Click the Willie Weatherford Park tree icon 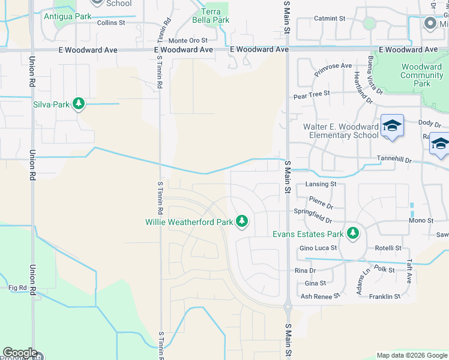(x=242, y=222)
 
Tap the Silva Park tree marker (x=78, y=104)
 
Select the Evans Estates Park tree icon (x=353, y=233)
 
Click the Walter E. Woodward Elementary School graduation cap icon (x=392, y=126)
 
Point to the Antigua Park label (x=67, y=16)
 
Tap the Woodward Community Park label (x=421, y=75)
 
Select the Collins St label (x=110, y=23)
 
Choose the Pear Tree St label (x=312, y=94)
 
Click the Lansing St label (x=321, y=184)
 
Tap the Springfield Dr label (x=313, y=212)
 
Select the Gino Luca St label (x=318, y=248)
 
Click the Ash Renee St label (x=320, y=296)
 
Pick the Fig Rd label (x=18, y=288)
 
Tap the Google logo (x=20, y=353)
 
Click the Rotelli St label (x=388, y=248)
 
